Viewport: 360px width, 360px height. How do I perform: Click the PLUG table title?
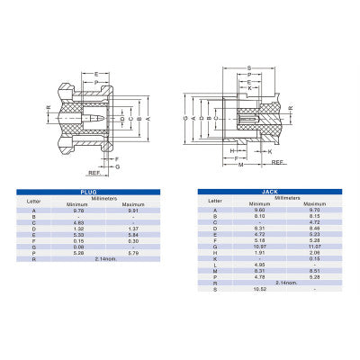(87, 192)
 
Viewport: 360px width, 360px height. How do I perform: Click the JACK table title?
(270, 192)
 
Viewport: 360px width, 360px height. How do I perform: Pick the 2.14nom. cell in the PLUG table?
(106, 259)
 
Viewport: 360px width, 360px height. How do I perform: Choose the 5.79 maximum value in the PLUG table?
(133, 253)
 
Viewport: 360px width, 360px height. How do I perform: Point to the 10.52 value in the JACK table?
(259, 289)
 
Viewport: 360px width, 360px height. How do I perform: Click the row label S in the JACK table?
(215, 289)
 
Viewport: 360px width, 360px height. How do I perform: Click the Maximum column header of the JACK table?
(315, 203)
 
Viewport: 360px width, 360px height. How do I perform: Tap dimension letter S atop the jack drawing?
(248, 67)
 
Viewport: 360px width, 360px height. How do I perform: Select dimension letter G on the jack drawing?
(184, 117)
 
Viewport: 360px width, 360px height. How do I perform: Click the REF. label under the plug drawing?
(93, 174)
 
